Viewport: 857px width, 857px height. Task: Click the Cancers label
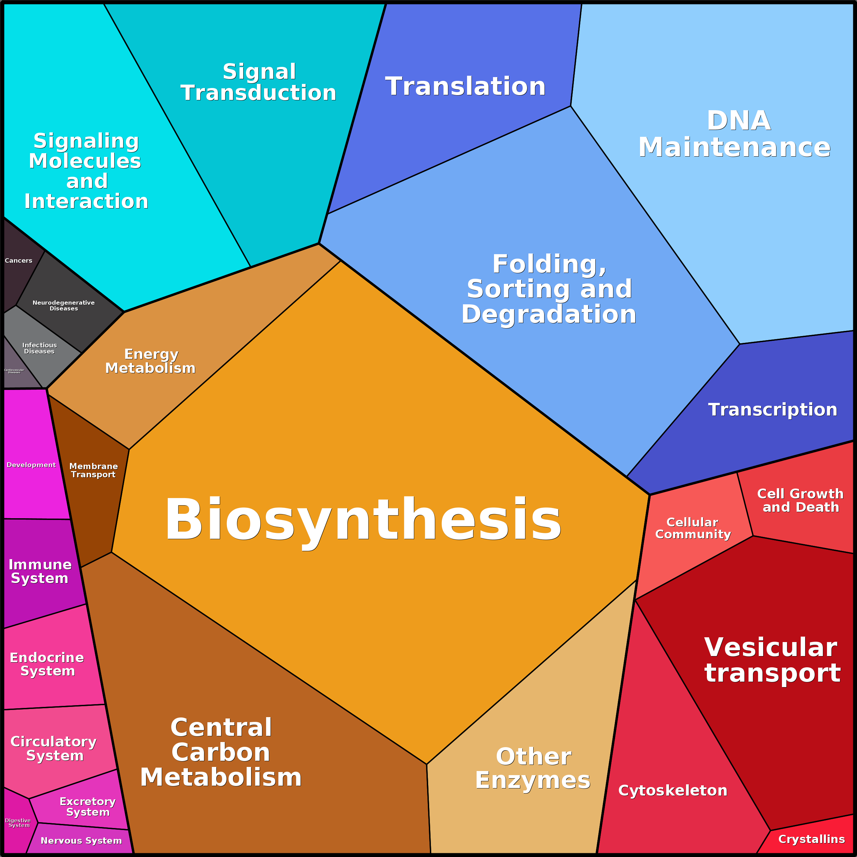pos(18,260)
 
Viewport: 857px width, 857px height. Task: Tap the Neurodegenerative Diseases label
pos(63,306)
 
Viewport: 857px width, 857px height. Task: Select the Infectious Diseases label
pos(40,348)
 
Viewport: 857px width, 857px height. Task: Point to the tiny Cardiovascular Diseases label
pos(14,371)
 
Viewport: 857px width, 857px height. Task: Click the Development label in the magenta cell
pos(31,465)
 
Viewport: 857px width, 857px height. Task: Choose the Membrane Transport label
pos(93,470)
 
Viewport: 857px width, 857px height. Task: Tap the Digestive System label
pos(18,823)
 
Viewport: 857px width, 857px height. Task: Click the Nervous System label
pos(81,841)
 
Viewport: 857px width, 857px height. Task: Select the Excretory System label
pos(88,807)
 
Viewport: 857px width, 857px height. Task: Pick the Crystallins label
pos(811,839)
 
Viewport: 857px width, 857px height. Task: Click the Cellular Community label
pos(693,528)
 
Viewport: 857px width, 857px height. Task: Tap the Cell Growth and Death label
pos(801,500)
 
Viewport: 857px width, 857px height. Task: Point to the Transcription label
pos(773,409)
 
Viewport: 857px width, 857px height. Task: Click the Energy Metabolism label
pos(150,361)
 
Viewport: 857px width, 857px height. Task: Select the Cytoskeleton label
pos(673,790)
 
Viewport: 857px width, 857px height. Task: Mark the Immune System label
pos(40,571)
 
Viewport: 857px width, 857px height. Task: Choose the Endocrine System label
pos(47,664)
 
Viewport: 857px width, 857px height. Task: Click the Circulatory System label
pos(54,748)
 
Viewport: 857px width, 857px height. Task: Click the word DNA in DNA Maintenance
pos(739,121)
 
